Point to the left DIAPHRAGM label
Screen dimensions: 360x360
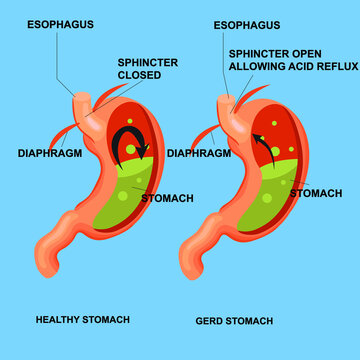coord(50,154)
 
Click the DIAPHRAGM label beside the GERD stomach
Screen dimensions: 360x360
coord(199,154)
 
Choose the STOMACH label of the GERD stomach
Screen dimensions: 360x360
coord(316,192)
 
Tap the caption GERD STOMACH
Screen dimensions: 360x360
coord(231,320)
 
